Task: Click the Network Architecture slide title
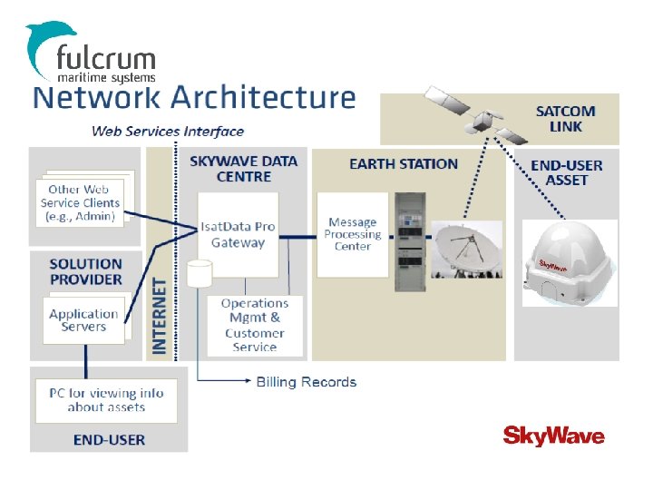(194, 98)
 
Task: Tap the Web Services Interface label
(168, 131)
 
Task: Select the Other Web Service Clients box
(79, 203)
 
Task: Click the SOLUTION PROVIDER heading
(85, 271)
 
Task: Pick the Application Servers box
(83, 320)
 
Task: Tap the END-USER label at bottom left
(109, 440)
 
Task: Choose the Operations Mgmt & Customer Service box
(254, 325)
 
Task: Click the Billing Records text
(307, 382)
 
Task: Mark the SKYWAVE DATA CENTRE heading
(243, 169)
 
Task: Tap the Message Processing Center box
(352, 233)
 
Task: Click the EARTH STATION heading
(404, 164)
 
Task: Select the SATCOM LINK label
(565, 119)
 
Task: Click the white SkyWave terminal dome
(570, 256)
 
